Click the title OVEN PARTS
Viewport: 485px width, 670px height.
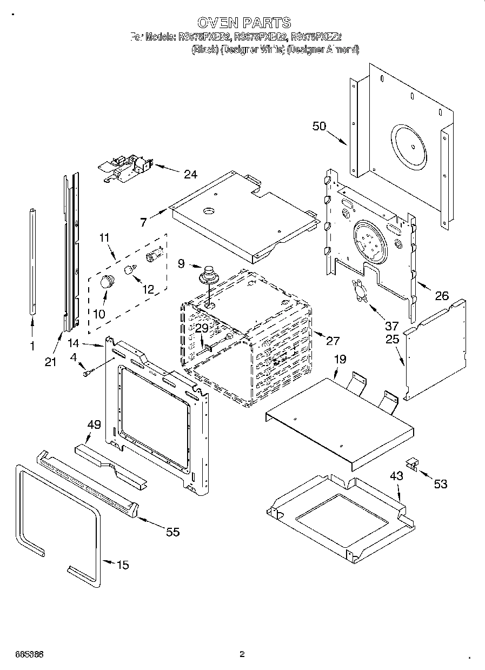(244, 23)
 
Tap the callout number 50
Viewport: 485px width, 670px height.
(320, 126)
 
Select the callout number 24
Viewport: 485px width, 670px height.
(190, 174)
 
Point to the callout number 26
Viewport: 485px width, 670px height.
(442, 296)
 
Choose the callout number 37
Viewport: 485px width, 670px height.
(391, 326)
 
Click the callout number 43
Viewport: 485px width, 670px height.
(396, 476)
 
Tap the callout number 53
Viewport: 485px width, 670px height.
(441, 484)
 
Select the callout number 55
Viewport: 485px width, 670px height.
(172, 532)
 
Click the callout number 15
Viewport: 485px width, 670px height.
(123, 565)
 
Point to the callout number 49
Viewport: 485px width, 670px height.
(94, 424)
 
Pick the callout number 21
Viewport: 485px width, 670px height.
(50, 362)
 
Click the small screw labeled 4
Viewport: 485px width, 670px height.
(87, 372)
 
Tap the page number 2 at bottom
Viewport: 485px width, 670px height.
(242, 654)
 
